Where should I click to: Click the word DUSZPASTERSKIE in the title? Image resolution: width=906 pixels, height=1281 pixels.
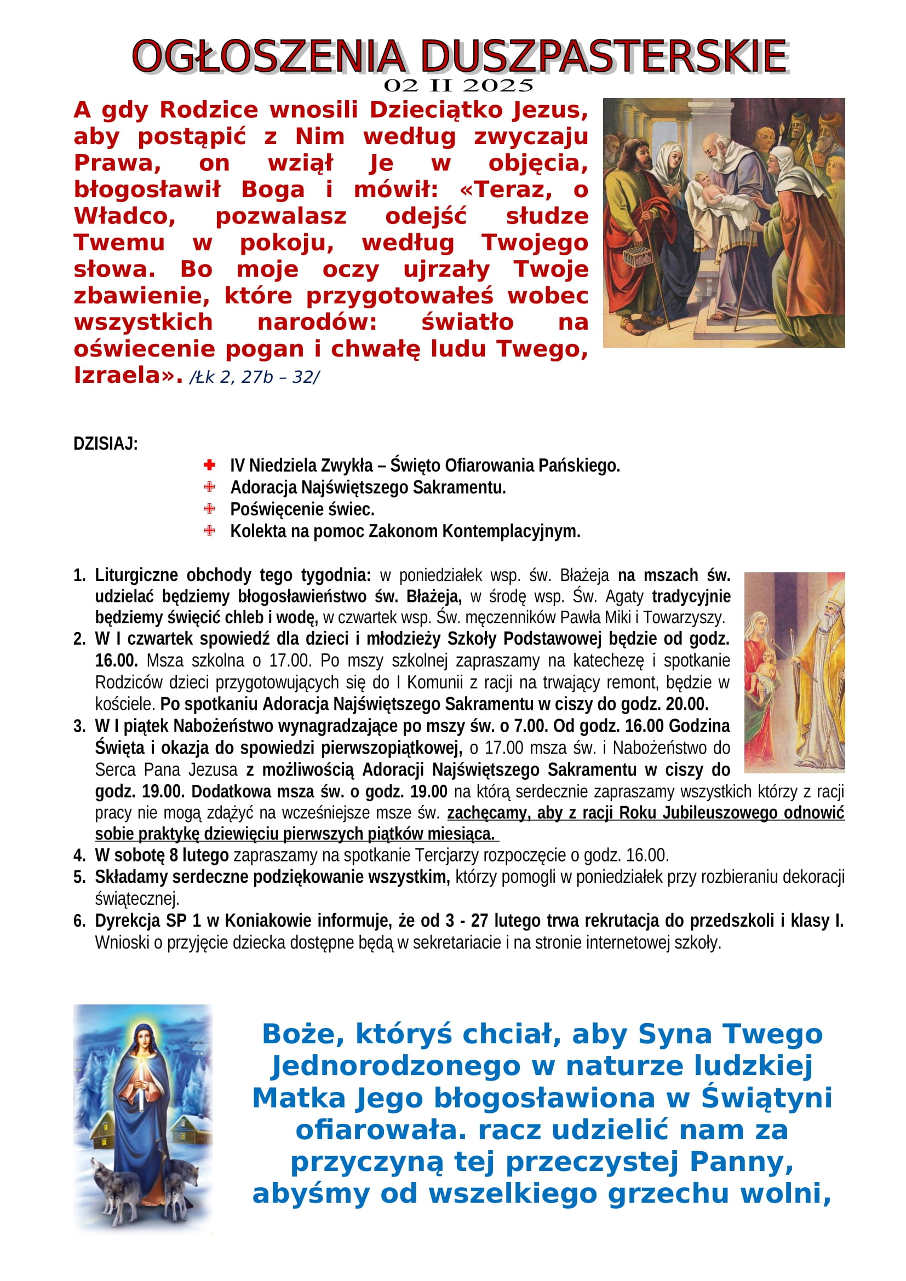coord(604,57)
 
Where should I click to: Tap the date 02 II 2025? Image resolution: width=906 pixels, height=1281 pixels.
coord(458,86)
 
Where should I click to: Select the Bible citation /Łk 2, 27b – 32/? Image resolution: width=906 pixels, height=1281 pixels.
coord(254,378)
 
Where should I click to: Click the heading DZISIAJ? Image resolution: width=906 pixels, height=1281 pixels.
coord(105,444)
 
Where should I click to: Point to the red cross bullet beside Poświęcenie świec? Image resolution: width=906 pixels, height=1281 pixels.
coord(210,509)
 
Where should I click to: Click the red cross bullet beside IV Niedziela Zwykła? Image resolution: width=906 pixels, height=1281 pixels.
coord(210,465)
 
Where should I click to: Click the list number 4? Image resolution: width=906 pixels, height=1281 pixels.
coord(79,856)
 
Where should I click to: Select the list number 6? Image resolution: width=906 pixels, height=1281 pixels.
coord(79,921)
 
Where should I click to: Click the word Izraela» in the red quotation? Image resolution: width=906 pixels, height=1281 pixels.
coord(128,376)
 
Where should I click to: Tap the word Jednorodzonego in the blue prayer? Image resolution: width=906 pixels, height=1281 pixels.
coord(396,1066)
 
